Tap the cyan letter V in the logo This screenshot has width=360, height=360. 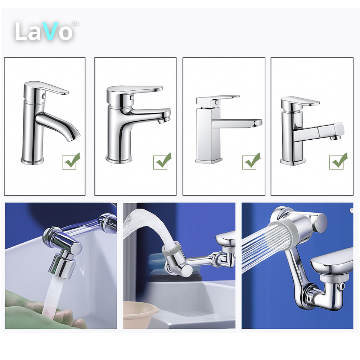50,31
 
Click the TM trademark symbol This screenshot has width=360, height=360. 75,23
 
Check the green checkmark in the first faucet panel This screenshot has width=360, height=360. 72,161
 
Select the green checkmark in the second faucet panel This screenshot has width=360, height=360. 163,161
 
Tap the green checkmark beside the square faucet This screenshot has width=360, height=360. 251,161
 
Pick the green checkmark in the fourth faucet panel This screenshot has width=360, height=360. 338,161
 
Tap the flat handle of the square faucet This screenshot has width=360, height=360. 219,100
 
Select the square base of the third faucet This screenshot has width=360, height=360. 209,161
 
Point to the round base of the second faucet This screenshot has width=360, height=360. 119,159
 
